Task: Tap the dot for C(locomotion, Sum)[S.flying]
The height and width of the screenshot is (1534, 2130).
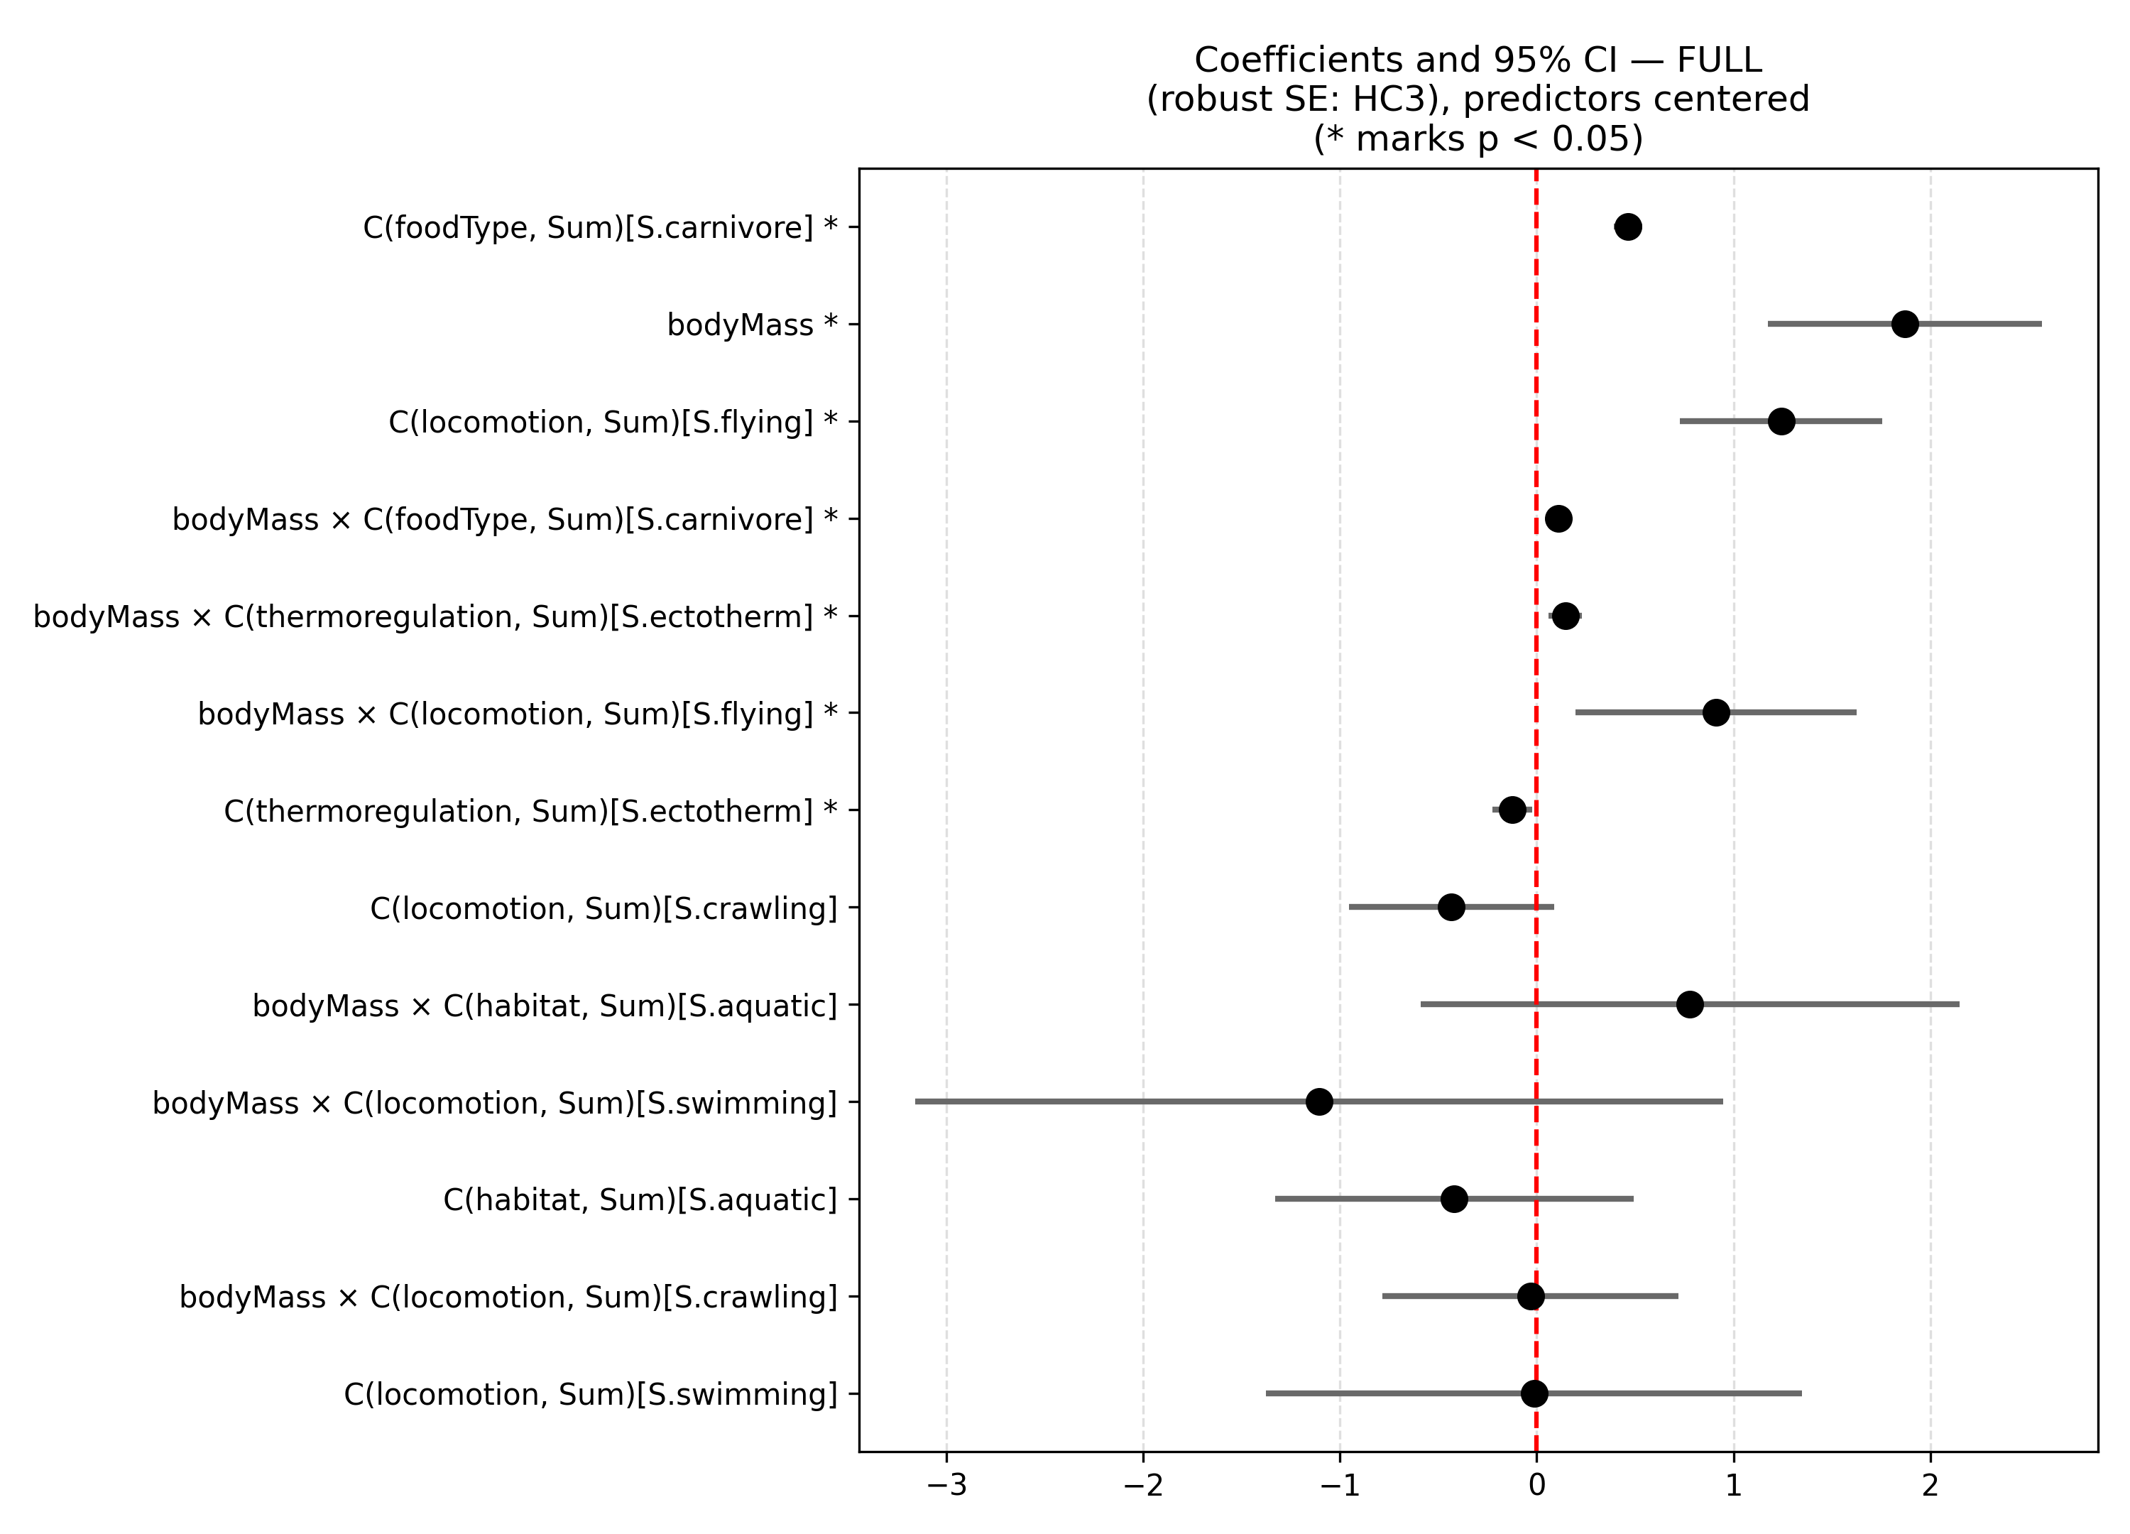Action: pyautogui.click(x=1781, y=422)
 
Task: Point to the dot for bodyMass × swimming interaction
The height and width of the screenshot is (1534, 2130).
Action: pyautogui.click(x=1319, y=1102)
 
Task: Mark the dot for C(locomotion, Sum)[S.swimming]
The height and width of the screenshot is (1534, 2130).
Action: pyautogui.click(x=1534, y=1393)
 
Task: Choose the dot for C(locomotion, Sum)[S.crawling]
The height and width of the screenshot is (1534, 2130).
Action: pyautogui.click(x=1451, y=908)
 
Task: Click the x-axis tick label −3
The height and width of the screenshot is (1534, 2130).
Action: pyautogui.click(x=946, y=1486)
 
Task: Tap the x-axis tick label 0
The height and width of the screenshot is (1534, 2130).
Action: pyautogui.click(x=1536, y=1486)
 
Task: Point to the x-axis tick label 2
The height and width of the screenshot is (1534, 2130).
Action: pyautogui.click(x=1930, y=1486)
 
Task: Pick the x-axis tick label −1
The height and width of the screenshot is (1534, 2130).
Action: pyautogui.click(x=1339, y=1486)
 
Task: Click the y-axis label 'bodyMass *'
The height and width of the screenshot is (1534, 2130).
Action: pyautogui.click(x=751, y=325)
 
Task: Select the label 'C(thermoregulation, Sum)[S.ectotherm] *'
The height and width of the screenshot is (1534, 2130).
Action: pyautogui.click(x=530, y=811)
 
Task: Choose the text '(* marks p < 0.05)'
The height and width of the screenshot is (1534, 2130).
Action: pyautogui.click(x=1478, y=139)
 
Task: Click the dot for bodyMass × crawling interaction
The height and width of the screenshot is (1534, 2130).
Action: pyautogui.click(x=1531, y=1296)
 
